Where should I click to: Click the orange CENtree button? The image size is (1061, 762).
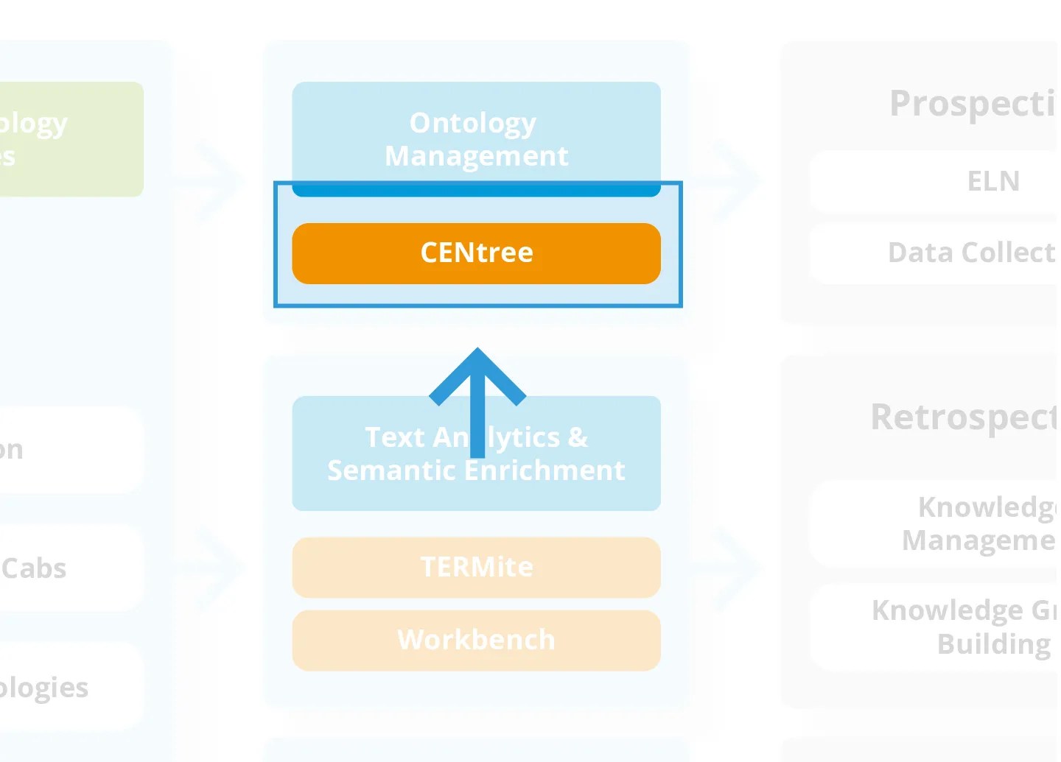pyautogui.click(x=476, y=253)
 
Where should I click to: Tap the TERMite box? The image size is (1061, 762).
pyautogui.click(x=476, y=567)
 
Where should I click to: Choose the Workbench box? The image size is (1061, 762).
pyautogui.click(x=476, y=640)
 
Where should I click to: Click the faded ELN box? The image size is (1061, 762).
pyautogui.click(x=958, y=181)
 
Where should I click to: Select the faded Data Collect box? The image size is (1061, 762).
pyautogui.click(x=958, y=253)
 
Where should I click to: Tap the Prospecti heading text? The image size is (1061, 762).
pyautogui.click(x=973, y=103)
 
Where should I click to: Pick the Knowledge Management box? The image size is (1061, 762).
pyautogui.click(x=958, y=523)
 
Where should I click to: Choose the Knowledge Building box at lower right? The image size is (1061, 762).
pyautogui.click(x=958, y=627)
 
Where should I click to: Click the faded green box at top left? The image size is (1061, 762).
pyautogui.click(x=70, y=138)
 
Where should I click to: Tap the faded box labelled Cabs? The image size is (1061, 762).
pyautogui.click(x=70, y=568)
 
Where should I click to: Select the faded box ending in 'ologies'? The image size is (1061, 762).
pyautogui.click(x=70, y=687)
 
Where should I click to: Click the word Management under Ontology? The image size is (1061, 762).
pyautogui.click(x=476, y=156)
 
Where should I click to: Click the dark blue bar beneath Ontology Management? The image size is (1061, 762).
pyautogui.click(x=476, y=190)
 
